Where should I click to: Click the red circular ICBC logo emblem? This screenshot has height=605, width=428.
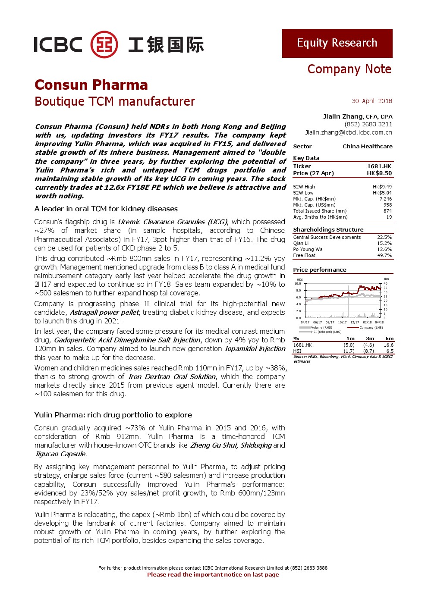click(104, 44)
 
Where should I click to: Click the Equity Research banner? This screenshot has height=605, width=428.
click(337, 43)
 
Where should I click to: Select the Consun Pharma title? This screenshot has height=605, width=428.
click(91, 85)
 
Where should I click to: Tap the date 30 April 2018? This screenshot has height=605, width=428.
click(372, 101)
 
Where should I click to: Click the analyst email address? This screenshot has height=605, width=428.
click(349, 132)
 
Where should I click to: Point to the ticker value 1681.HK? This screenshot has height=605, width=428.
click(379, 166)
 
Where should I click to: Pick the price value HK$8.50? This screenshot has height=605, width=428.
click(379, 173)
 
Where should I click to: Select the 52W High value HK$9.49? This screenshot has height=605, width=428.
click(382, 187)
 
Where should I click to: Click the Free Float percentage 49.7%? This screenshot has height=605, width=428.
click(384, 255)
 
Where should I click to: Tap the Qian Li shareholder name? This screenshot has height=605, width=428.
click(301, 243)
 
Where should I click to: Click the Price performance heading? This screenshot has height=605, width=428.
click(320, 270)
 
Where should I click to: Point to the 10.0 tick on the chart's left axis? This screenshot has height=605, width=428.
click(298, 283)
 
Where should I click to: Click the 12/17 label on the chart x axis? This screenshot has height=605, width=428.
click(355, 322)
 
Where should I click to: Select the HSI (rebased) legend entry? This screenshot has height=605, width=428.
click(326, 332)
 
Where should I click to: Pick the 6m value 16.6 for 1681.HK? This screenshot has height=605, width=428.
click(388, 345)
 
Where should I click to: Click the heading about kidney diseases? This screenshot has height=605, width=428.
click(106, 209)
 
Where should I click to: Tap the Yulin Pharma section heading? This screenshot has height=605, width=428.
click(113, 415)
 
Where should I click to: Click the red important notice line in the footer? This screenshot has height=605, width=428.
click(213, 574)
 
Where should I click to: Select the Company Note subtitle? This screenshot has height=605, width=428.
click(349, 69)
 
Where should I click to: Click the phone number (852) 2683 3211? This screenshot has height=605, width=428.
click(368, 124)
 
